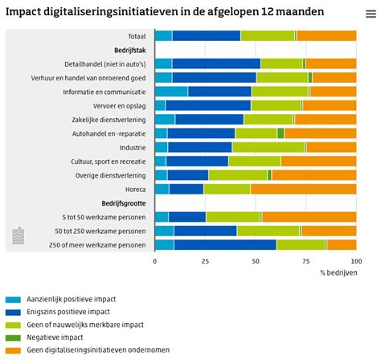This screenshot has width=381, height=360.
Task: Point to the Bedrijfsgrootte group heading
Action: click(125, 203)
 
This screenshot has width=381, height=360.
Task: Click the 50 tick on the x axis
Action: click(256, 261)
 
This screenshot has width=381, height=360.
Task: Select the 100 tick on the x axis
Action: click(355, 261)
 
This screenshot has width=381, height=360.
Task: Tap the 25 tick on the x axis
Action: click(205, 261)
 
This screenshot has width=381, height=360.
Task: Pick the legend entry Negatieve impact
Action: click(57, 337)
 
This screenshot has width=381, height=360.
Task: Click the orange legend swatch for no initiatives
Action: click(11, 350)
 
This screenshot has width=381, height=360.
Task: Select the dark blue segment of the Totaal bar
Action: click(206, 35)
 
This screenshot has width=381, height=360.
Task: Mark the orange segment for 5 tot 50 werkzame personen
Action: click(309, 217)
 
